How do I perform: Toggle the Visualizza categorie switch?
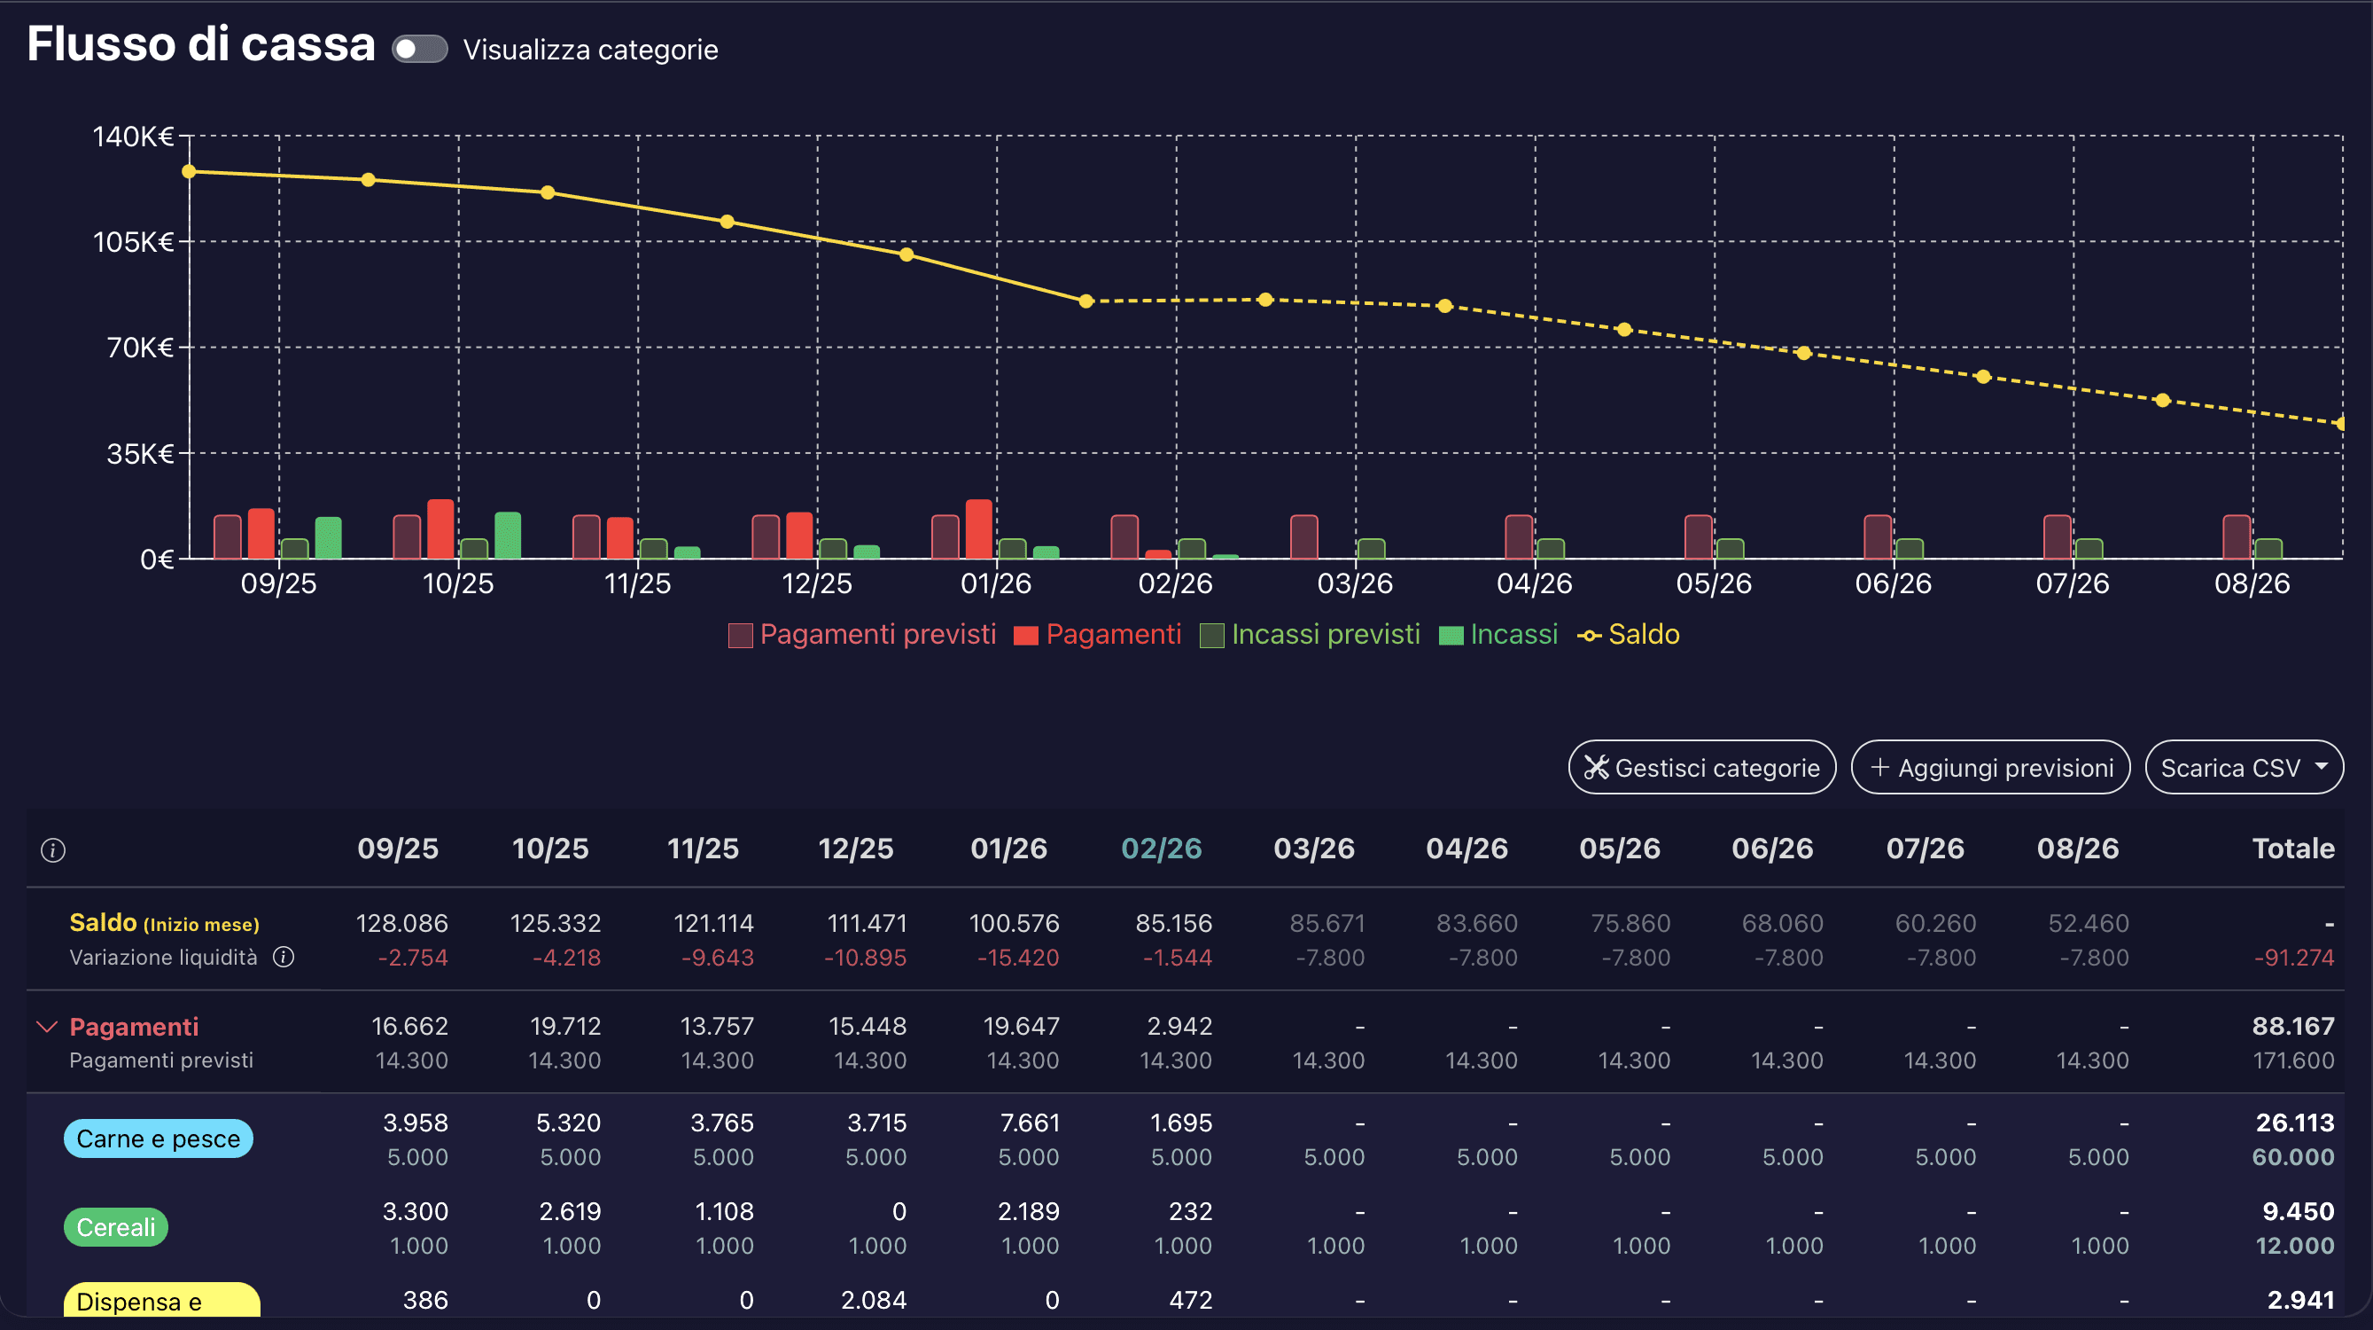point(419,49)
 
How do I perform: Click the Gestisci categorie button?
point(1701,767)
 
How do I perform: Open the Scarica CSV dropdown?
point(2244,767)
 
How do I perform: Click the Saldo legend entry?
point(1629,634)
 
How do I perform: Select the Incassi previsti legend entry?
point(1310,634)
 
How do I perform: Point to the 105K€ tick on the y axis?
point(134,241)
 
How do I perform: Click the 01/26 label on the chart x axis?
point(996,583)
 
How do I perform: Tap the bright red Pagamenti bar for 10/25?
point(440,529)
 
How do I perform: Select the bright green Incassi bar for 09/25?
point(328,537)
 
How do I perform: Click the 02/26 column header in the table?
point(1161,848)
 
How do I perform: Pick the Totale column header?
point(2292,848)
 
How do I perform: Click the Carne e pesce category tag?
point(158,1138)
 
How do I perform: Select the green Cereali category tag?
point(115,1227)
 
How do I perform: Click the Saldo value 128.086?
point(401,923)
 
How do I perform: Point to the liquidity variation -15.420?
point(1018,958)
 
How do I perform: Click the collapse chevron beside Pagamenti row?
point(47,1027)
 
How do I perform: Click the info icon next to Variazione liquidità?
point(284,958)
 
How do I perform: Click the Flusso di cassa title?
point(201,44)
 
